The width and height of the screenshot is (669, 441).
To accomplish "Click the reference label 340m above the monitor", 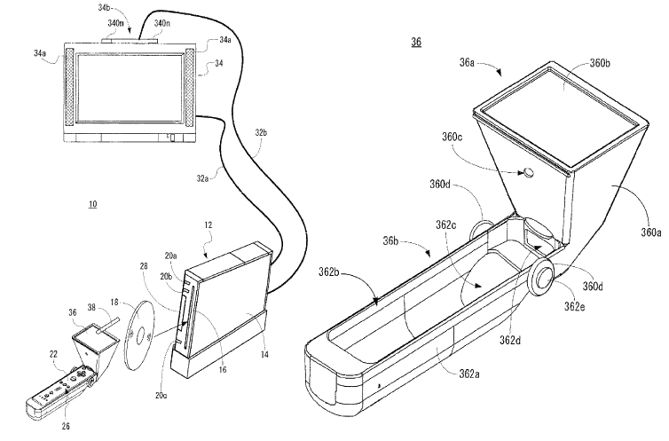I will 115,24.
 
